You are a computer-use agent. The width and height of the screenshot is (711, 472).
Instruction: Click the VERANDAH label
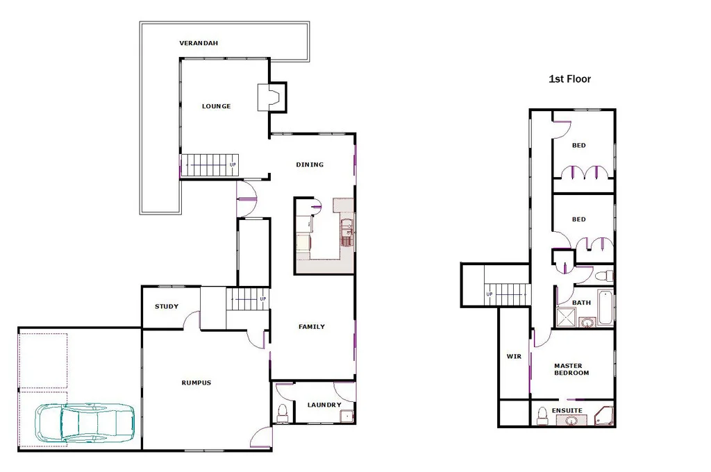click(x=199, y=44)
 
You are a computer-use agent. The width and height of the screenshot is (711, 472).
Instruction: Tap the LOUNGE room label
click(x=216, y=106)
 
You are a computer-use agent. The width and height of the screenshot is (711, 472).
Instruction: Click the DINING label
click(x=310, y=165)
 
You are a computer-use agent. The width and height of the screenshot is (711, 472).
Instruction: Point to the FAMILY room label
click(x=312, y=326)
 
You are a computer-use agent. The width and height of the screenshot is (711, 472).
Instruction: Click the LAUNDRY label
click(x=324, y=405)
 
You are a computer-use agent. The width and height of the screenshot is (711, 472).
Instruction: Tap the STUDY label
click(x=167, y=306)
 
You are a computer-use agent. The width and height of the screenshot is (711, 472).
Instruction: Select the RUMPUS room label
click(x=196, y=382)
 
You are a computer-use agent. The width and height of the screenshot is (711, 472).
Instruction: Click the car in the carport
click(x=85, y=422)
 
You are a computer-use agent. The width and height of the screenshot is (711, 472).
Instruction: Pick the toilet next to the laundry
click(x=282, y=412)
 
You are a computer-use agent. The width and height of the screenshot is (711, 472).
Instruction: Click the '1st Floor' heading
click(x=569, y=79)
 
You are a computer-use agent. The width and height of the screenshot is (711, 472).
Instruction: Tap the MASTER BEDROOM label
click(x=571, y=369)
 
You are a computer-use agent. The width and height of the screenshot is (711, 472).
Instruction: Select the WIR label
click(x=514, y=356)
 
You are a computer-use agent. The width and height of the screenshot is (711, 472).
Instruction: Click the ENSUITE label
click(x=567, y=410)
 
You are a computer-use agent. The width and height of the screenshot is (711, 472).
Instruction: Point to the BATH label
click(x=581, y=303)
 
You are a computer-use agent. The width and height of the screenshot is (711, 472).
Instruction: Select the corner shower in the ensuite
click(x=604, y=416)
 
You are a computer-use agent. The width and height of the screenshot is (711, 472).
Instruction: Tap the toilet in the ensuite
click(x=542, y=416)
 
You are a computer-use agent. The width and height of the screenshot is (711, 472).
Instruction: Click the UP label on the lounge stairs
click(x=233, y=165)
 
